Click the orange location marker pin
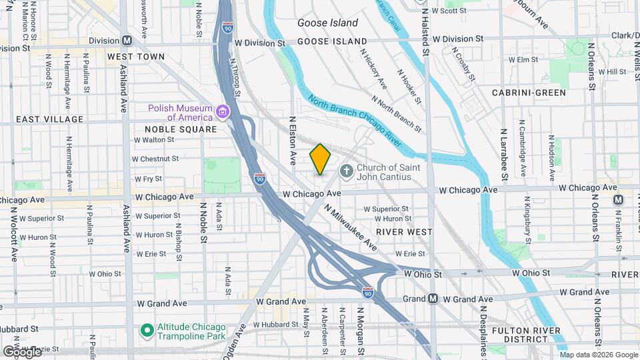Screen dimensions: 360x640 coord(320,159)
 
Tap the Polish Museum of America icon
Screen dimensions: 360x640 coord(223,110)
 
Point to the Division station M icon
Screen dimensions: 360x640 coord(126,40)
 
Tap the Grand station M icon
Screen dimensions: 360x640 coord(433,299)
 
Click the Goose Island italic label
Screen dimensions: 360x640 coord(327,23)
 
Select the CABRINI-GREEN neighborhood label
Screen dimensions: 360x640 coord(529,93)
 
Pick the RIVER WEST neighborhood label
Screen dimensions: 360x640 coord(404,232)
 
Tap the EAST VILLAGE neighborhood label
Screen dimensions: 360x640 coord(50,119)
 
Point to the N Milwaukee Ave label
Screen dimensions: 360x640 coord(351,227)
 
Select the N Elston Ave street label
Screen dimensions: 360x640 coord(292,141)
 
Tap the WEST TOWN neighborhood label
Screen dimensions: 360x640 coord(135,57)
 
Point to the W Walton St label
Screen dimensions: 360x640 coord(154,140)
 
